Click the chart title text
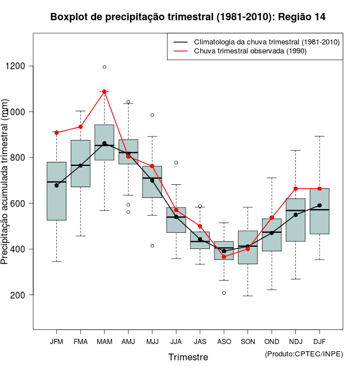pos(188,17)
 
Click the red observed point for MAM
pos(104,92)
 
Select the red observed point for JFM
pos(57,133)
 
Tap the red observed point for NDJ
pos(295,188)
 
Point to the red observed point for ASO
pos(224,256)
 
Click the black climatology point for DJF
pos(319,206)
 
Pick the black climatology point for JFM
pos(57,185)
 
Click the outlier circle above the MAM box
pos(104,67)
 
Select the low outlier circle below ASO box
pos(224,293)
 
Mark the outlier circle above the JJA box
pos(176,162)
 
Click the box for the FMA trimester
pos(80,163)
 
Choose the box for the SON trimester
pos(247,247)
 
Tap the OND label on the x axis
pos(272,341)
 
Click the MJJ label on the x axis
pos(152,341)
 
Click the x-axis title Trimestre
pos(188,357)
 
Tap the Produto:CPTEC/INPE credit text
pos(304,354)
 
